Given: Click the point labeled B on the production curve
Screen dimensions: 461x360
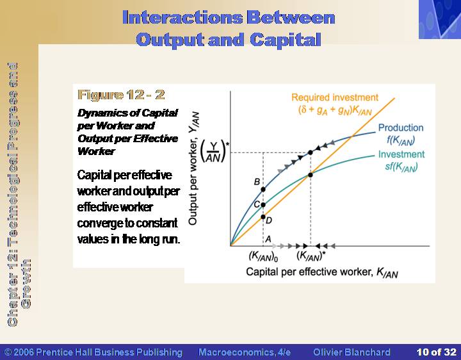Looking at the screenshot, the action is click(263, 190).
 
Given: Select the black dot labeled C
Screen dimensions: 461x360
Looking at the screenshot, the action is click(263, 205).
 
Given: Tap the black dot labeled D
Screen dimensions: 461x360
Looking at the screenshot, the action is click(263, 217).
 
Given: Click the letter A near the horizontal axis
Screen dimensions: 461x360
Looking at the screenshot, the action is click(268, 239).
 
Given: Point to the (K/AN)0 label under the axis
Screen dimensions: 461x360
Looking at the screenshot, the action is click(263, 256).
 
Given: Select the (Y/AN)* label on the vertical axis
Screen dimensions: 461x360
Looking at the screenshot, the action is click(214, 152).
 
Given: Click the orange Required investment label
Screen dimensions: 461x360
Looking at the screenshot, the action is click(335, 104).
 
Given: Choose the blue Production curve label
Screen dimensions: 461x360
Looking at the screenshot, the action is click(401, 134).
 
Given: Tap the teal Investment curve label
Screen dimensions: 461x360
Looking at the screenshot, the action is click(401, 161).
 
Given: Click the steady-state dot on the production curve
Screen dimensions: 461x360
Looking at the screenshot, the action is click(311, 152).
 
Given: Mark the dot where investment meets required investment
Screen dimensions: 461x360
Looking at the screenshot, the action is click(311, 175).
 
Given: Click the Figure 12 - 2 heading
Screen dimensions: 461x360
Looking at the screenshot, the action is click(121, 95).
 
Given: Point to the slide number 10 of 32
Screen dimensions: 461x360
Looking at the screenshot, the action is click(436, 352).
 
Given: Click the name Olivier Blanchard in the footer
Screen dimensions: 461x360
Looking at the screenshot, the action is click(352, 352).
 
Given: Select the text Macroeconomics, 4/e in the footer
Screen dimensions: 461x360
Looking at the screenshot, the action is click(245, 352).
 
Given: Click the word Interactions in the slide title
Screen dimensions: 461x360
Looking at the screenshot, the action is click(182, 17).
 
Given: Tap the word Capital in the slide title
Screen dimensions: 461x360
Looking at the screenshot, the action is click(285, 40).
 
